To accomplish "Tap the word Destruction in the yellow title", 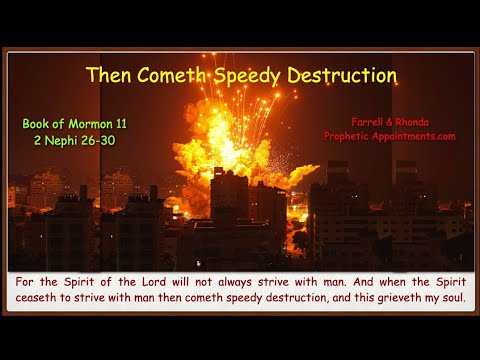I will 343,76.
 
